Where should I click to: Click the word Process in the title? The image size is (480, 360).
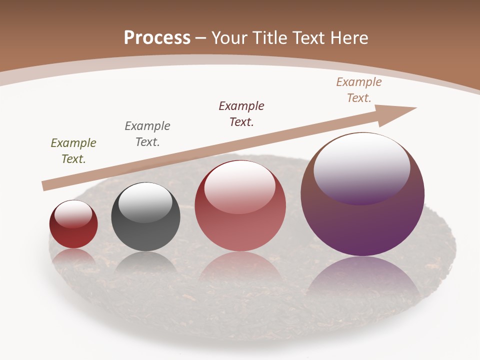point(157,38)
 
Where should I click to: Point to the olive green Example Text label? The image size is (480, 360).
point(73,151)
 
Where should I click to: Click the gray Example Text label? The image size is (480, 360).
point(147,134)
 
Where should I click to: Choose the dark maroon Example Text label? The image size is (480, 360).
point(241,114)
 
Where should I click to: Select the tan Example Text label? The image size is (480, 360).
point(359,90)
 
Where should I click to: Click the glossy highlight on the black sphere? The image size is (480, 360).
point(145,202)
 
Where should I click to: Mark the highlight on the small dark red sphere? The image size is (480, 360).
point(73,214)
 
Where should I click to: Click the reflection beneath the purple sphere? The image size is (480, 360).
point(362,280)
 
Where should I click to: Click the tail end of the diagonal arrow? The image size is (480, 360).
point(46,186)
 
